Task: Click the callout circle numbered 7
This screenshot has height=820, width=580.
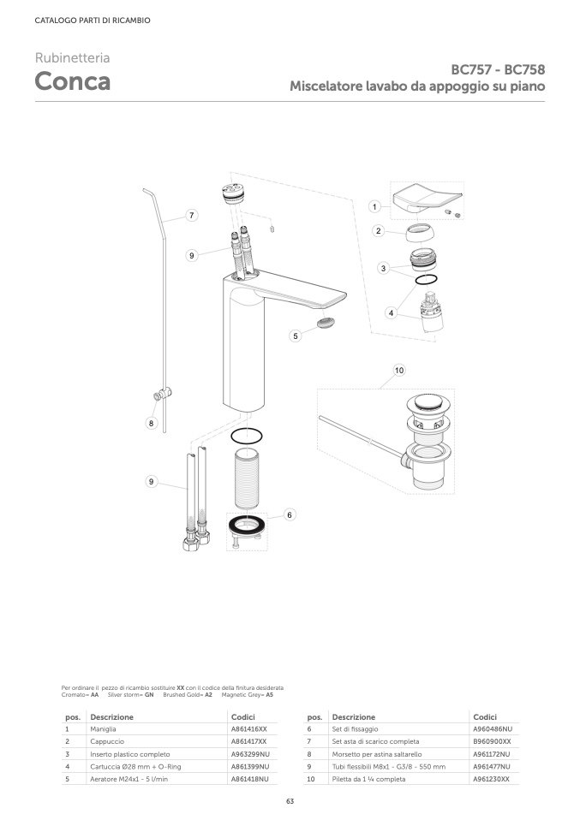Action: click(x=192, y=215)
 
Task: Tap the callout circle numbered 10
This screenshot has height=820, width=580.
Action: click(x=399, y=371)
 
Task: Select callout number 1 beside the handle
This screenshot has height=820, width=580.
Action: click(x=374, y=206)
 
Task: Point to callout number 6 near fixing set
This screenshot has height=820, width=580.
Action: click(x=290, y=515)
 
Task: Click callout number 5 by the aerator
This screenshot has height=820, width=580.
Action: click(x=296, y=336)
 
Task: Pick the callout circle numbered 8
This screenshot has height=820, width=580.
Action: click(x=152, y=423)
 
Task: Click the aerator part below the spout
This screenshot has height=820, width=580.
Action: click(x=326, y=323)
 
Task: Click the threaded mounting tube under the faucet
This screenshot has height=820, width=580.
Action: click(x=246, y=478)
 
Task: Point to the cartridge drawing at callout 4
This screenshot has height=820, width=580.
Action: click(x=432, y=312)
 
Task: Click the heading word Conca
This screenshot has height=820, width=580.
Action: click(x=72, y=81)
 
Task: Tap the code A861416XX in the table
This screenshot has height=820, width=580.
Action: click(x=248, y=729)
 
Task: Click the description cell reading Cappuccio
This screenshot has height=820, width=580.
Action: click(x=107, y=741)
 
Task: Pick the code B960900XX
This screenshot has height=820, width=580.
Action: click(x=492, y=741)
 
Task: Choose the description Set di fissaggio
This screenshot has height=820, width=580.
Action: click(x=355, y=729)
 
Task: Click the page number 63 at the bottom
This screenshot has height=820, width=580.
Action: click(x=290, y=802)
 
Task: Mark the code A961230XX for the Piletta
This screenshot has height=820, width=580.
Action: click(x=491, y=779)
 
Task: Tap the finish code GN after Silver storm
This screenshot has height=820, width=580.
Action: click(x=149, y=695)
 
